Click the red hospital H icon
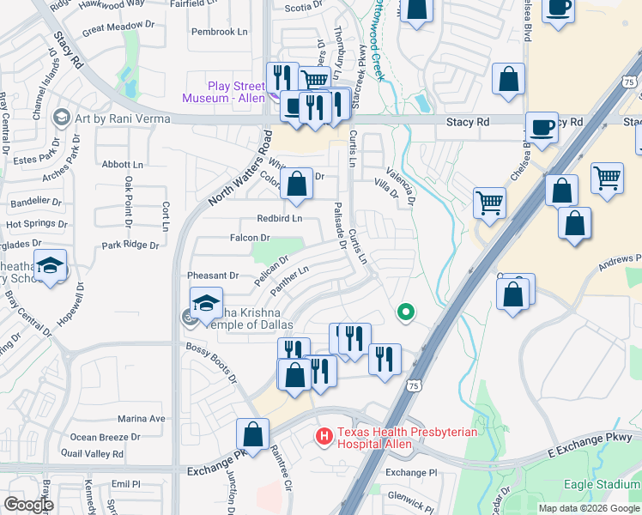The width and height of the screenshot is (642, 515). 324,437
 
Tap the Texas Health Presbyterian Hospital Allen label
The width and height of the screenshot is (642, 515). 407,438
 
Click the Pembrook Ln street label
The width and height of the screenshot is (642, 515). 219,32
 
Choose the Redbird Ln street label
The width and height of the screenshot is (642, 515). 280,218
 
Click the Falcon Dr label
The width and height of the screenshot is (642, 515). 250,238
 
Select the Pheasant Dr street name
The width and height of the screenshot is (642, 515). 213,276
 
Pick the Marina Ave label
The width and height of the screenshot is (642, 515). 141,419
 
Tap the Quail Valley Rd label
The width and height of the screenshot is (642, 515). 91,454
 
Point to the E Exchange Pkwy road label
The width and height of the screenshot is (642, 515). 584,451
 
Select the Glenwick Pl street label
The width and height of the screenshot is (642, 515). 412,496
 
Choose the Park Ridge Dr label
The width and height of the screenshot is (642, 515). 130,245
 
